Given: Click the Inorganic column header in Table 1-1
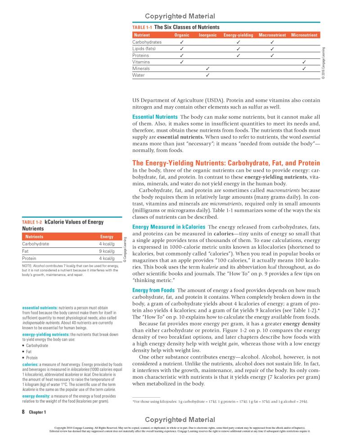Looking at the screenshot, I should point(207,35).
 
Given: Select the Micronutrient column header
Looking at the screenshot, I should point(304,35).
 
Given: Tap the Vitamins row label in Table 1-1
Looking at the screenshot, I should point(141,62).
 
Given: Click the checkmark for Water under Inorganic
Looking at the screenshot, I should point(207,75).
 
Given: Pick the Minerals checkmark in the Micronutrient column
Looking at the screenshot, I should point(304,68).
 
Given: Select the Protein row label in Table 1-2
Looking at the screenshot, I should point(30,258).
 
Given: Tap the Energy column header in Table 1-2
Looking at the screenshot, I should point(106,236).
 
